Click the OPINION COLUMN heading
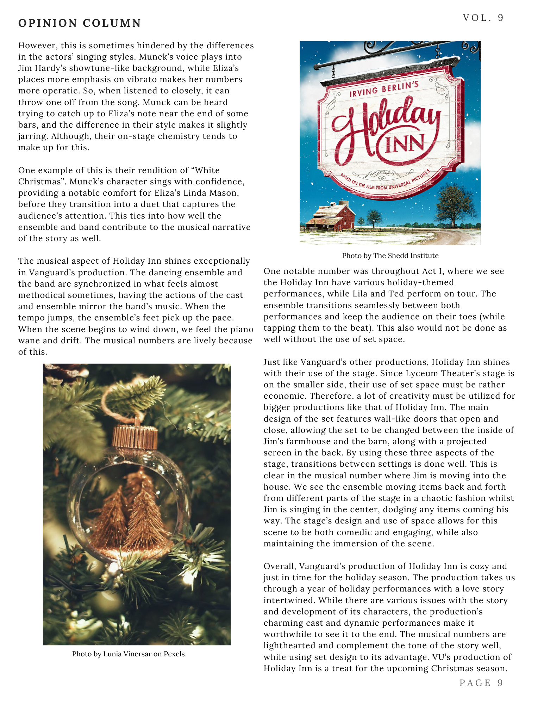pyautogui.click(x=80, y=23)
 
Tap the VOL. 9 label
pyautogui.click(x=483, y=18)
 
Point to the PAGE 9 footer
pyautogui.click(x=481, y=683)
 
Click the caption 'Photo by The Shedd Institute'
pyautogui.click(x=390, y=256)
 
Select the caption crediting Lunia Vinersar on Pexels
pyautogui.click(x=128, y=654)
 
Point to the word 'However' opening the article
pyautogui.click(x=37, y=45)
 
